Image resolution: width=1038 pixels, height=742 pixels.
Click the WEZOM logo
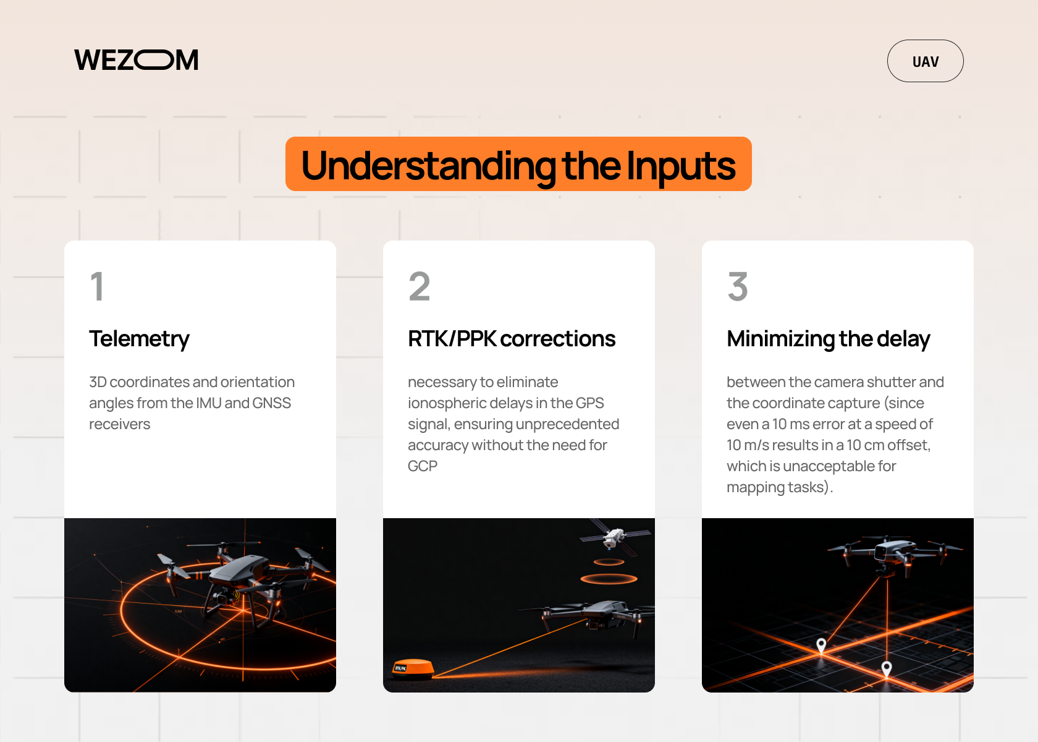click(x=137, y=60)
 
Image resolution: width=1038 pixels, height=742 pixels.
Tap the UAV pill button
click(x=925, y=61)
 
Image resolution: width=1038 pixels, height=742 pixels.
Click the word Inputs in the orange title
click(x=681, y=166)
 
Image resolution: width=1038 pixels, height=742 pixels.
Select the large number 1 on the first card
click(x=97, y=286)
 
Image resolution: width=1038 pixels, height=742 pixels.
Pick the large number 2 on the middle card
click(x=419, y=286)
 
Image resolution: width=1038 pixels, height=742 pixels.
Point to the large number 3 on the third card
click(x=738, y=286)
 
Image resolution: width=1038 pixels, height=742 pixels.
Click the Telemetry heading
click(x=139, y=339)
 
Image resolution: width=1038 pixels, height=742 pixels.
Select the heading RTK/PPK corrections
click(x=511, y=339)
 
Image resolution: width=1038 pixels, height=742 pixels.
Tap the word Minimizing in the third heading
click(x=781, y=339)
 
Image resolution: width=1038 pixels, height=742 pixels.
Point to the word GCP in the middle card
click(x=423, y=466)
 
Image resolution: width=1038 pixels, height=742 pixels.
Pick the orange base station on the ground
click(x=413, y=668)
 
